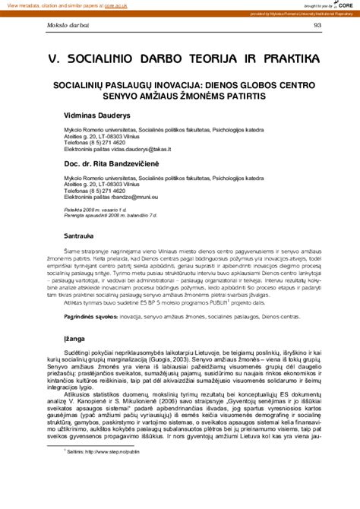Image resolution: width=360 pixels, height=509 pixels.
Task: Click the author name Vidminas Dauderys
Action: point(99,115)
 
